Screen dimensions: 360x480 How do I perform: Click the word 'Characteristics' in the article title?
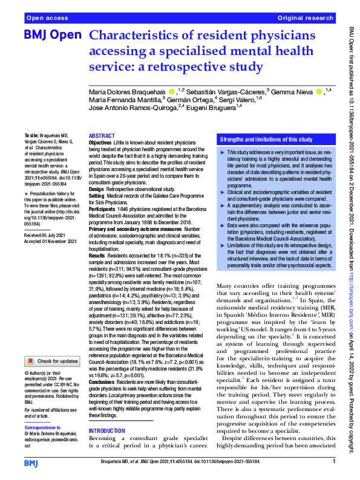pos(143,36)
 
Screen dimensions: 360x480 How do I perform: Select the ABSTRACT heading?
pos(101,136)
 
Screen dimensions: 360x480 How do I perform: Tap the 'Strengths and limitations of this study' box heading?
pos(266,139)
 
